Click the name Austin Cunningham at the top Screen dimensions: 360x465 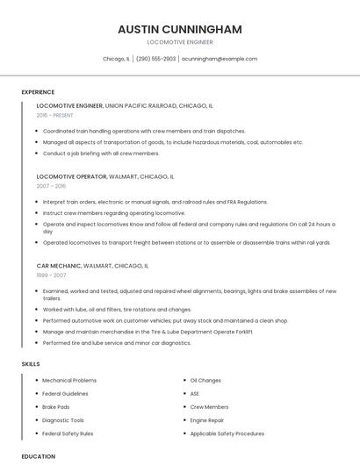[180, 29]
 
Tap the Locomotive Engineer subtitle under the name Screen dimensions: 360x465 [180, 42]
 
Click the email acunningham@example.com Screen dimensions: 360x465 [220, 59]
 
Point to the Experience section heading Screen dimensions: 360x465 [38, 92]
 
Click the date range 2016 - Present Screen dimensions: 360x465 [54, 115]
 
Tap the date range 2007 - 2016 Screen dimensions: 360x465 [51, 186]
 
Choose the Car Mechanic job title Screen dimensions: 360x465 [58, 265]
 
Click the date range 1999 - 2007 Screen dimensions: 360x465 [51, 275]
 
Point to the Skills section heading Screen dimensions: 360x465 [30, 364]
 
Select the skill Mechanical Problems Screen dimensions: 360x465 [69, 381]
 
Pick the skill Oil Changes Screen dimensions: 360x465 [205, 381]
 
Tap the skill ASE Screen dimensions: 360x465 [195, 394]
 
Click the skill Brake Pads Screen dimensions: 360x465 [55, 407]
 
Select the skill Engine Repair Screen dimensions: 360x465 [207, 420]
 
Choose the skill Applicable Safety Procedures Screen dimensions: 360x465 [227, 433]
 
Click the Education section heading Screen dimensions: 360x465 [38, 456]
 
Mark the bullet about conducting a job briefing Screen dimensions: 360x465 [101, 153]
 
